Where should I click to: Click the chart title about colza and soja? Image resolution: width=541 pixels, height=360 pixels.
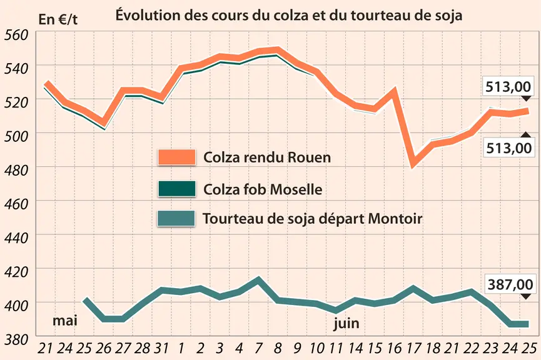289,16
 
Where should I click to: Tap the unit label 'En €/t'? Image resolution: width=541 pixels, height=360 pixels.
58,19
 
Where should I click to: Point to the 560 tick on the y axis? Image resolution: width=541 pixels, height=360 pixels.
16,35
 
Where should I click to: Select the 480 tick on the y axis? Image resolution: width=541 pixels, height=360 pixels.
16,171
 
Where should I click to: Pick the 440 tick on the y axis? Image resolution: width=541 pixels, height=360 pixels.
16,238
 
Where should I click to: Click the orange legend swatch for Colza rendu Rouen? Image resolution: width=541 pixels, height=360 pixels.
176,157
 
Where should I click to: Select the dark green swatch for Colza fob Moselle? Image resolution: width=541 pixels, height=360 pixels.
176,189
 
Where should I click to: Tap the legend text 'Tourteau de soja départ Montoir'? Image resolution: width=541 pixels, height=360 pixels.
312,219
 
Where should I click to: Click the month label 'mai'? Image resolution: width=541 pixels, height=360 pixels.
65,321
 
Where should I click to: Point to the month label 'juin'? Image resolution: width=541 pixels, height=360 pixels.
346,324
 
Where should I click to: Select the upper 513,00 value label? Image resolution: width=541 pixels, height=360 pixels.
508,87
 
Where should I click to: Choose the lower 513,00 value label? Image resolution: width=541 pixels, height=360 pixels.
508,148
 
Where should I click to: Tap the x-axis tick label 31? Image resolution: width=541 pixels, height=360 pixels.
161,349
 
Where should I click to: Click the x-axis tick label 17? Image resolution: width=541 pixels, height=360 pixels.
413,349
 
